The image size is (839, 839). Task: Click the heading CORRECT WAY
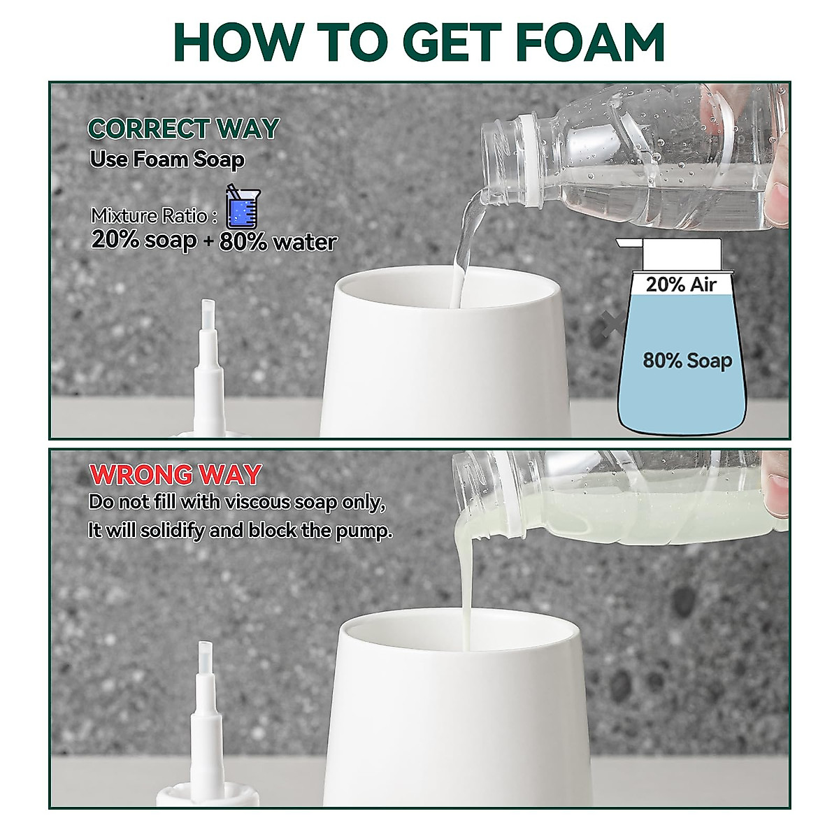point(183,129)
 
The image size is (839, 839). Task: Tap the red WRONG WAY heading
point(175,475)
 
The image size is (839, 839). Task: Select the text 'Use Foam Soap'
point(167,159)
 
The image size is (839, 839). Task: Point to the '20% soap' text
point(144,241)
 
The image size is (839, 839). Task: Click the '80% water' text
point(278,242)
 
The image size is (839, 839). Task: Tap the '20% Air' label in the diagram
point(681,284)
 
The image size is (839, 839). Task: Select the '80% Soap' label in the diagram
point(687,361)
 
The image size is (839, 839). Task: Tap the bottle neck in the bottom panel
point(482,493)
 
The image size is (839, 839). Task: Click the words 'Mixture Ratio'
point(149,215)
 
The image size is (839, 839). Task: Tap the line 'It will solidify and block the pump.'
point(240,531)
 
